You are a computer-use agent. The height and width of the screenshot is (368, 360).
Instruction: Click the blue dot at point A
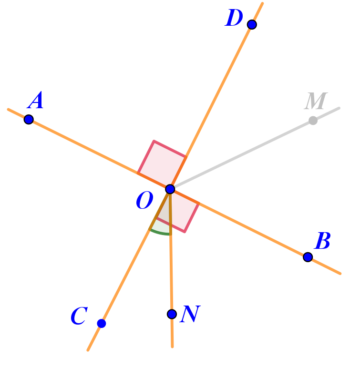(29, 119)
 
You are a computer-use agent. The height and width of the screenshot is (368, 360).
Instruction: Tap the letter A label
(36, 102)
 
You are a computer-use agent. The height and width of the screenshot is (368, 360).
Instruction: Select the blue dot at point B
(308, 257)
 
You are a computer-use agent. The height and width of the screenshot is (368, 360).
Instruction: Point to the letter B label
(323, 242)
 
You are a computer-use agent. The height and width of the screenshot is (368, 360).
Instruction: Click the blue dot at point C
(102, 323)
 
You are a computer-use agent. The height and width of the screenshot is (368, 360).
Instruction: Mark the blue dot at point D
(252, 24)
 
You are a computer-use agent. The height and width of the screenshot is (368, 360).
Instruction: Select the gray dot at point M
(313, 121)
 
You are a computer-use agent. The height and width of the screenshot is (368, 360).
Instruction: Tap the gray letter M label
(316, 102)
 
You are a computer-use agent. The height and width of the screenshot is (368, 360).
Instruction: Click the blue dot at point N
(172, 314)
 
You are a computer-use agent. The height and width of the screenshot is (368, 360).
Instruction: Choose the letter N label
(190, 315)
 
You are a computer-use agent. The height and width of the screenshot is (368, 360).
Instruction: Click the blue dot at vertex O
(170, 189)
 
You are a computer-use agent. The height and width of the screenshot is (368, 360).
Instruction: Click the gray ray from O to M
(243, 154)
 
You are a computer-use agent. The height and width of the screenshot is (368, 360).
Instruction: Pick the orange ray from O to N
(171, 267)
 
